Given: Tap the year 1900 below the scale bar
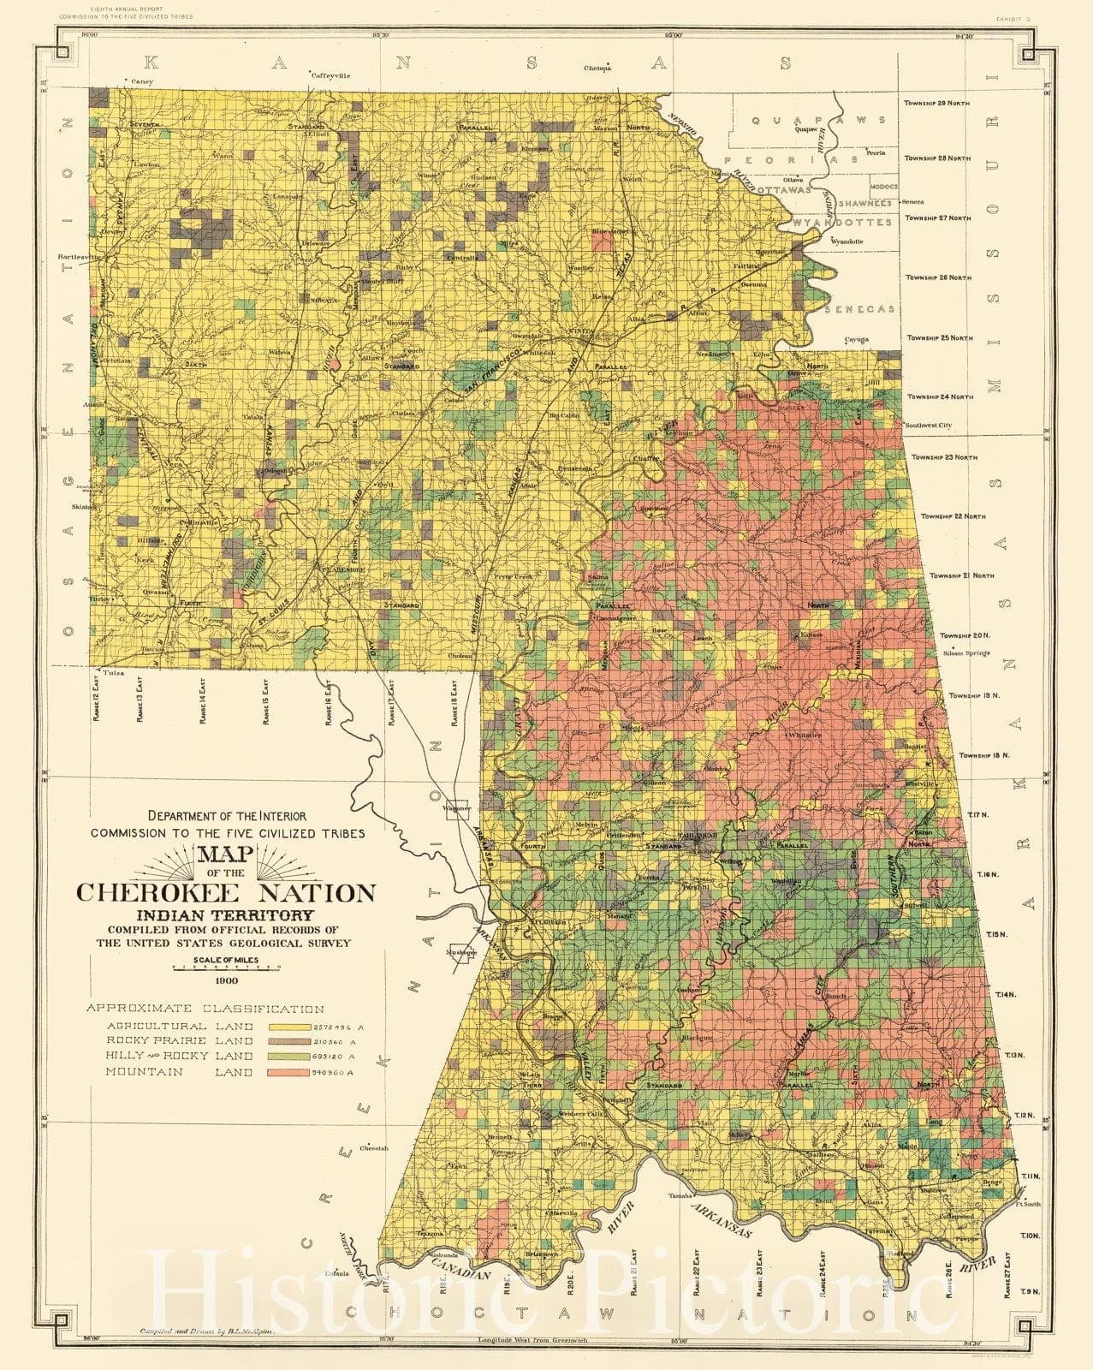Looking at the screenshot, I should (227, 981).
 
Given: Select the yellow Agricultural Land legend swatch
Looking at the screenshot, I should (293, 1026).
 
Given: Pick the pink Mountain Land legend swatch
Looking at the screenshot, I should (293, 1072).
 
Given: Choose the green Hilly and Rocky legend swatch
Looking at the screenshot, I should (293, 1057).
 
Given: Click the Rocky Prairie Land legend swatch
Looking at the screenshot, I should (293, 1041).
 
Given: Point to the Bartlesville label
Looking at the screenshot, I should (79, 256).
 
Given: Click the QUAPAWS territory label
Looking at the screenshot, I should (818, 121).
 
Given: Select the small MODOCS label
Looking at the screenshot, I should (883, 186).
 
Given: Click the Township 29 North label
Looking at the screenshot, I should (937, 103).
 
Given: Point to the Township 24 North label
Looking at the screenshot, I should (939, 397).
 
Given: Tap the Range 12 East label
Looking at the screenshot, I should (98, 697).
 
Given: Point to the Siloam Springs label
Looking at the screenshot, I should (965, 653).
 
